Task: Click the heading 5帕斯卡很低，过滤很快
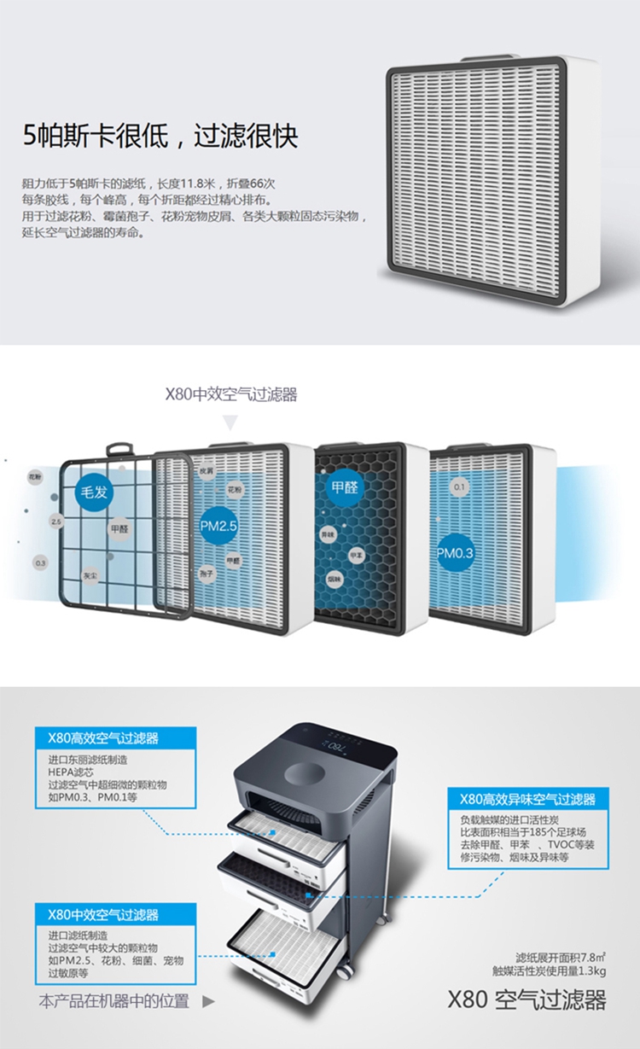160,137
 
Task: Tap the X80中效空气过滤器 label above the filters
230,394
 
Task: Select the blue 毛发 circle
93,494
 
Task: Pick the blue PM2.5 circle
218,527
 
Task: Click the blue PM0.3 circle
456,553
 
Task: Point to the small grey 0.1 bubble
461,487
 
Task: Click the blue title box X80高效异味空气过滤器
527,799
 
